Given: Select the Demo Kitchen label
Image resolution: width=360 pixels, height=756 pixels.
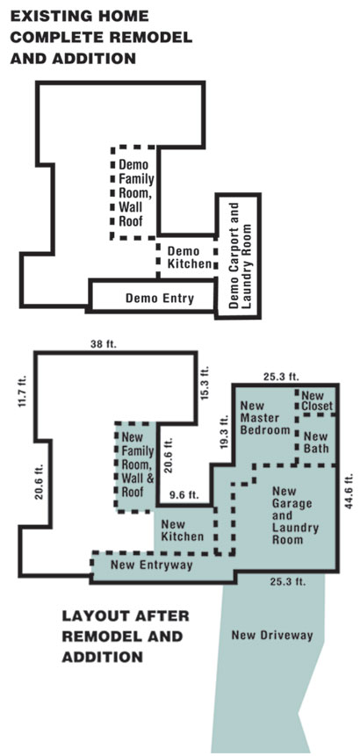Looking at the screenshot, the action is (190, 257).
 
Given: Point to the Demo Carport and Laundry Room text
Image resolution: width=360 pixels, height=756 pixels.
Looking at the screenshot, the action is (241, 256).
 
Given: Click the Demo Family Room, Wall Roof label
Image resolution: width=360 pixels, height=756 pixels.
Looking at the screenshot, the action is (136, 193).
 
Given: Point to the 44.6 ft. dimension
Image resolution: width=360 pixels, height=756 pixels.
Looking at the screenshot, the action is (350, 491).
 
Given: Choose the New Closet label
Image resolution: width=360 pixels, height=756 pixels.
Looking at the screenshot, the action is (317, 401).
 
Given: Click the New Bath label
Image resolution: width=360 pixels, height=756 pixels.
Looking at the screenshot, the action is (316, 443).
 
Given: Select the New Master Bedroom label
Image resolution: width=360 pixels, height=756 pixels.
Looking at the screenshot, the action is (265, 418).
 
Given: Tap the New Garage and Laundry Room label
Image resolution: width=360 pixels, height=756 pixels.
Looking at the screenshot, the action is (295, 515).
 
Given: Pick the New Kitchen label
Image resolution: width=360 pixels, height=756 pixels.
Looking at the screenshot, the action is (182, 529).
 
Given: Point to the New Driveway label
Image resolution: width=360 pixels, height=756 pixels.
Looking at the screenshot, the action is (272, 635).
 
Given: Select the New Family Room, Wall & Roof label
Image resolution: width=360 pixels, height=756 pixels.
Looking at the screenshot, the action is (137, 465).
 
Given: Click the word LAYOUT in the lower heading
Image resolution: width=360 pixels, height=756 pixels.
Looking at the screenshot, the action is (96, 616).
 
